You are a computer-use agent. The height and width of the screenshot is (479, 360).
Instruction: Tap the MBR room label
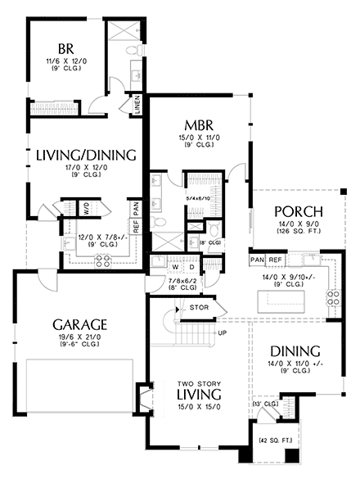199,124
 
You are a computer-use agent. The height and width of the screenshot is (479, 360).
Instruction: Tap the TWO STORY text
199,383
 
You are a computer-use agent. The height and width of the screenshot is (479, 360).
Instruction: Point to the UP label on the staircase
220,334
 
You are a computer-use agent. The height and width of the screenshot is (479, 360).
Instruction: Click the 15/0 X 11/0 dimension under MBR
199,137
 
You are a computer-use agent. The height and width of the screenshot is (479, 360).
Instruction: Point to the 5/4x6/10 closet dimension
199,198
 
